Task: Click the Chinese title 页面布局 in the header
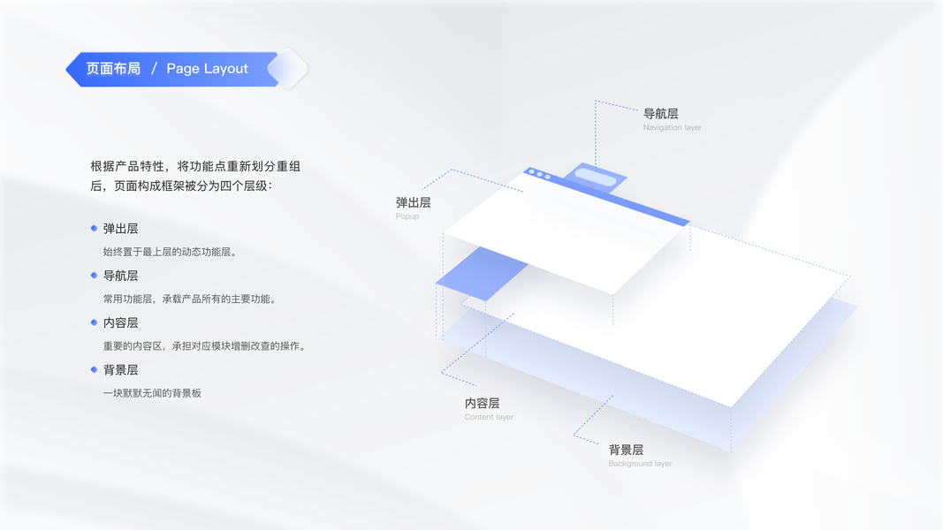[113, 69]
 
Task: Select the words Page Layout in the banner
[207, 69]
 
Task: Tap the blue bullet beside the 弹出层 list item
[94, 228]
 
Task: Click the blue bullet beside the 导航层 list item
[94, 276]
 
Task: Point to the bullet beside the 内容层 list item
[94, 322]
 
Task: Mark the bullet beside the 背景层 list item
[94, 369]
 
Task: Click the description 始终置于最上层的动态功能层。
[170, 252]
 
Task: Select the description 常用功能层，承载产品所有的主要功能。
[190, 299]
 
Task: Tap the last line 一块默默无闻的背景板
[152, 393]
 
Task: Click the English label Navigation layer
[672, 128]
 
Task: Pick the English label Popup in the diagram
[407, 216]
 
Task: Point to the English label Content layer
[489, 417]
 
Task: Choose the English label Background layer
[640, 464]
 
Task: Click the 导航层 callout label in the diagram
[660, 113]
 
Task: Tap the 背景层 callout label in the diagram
[626, 450]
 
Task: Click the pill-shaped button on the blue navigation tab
[595, 178]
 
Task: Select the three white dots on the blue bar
[539, 175]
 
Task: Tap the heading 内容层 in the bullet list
[120, 322]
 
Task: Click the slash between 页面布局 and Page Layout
[154, 69]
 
